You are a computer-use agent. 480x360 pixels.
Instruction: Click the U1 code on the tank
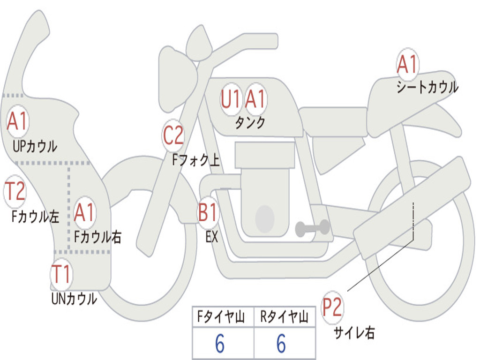pos(231,99)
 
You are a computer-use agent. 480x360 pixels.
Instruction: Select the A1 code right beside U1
pos(255,99)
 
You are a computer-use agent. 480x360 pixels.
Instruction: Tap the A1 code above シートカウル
pos(407,65)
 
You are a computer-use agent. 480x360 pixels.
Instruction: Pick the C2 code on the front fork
pos(173,136)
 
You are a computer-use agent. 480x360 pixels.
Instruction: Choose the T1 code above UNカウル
pos(61,274)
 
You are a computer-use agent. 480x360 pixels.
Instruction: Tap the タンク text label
pos(250,123)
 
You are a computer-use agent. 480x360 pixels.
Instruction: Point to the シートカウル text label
pos(427,88)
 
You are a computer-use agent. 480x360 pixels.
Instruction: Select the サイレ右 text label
pos(354,333)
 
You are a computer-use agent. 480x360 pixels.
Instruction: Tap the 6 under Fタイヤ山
pos(220,344)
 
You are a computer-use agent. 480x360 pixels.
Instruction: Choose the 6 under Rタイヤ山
pos(281,344)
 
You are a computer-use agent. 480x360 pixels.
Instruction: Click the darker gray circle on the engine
pos(264,218)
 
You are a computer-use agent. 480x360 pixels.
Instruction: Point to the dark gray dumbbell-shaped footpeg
pos(312,228)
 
